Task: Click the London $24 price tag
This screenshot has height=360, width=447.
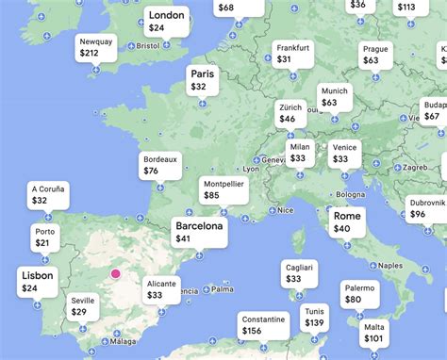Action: pos(168,22)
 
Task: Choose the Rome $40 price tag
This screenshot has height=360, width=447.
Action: pos(346,222)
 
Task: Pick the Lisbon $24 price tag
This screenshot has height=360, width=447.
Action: pos(37,282)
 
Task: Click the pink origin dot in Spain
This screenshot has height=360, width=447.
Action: pos(116,274)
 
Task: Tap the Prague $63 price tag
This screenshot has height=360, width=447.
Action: pos(375,55)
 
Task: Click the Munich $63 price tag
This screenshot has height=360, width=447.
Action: pos(334,97)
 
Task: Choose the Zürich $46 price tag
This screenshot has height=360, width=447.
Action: pos(290,114)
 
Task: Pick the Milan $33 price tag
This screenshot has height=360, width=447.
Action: pos(300,153)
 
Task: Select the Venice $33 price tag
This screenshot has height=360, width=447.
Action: pos(344,153)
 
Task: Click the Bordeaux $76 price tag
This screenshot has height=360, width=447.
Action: pos(159,166)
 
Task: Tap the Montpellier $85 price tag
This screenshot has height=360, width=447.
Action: pos(223,190)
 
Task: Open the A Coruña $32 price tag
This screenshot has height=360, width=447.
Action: pos(47,195)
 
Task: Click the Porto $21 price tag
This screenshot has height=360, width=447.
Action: pos(44,237)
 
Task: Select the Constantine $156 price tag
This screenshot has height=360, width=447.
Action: pos(263,325)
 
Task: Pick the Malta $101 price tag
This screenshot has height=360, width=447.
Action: pos(374,333)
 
